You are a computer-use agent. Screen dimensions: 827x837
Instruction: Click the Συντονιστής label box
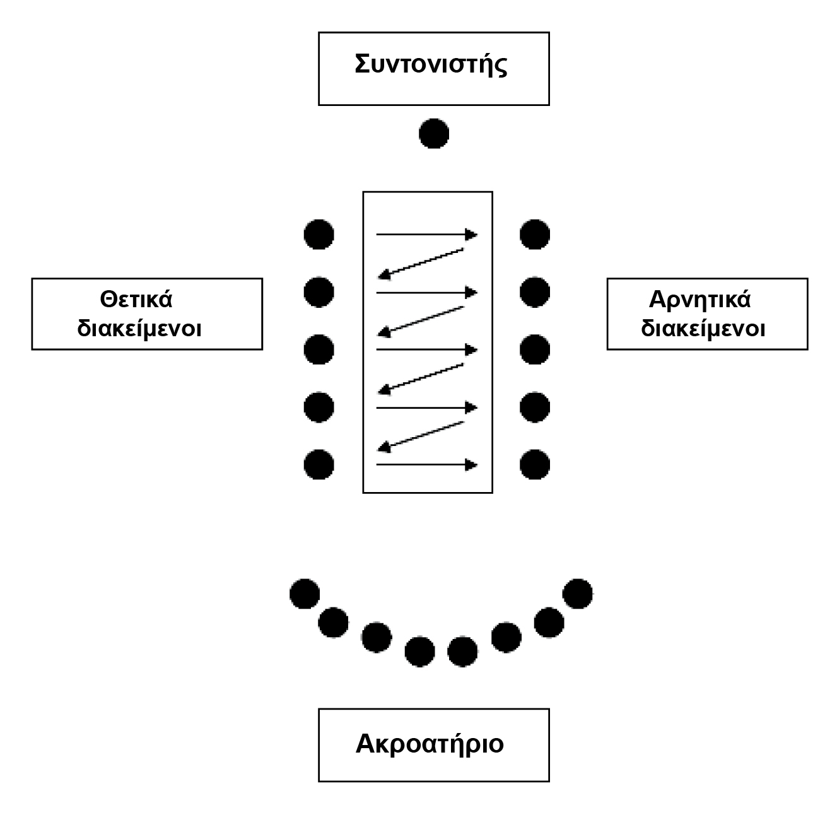pyautogui.click(x=433, y=68)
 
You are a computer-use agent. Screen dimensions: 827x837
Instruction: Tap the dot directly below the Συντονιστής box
pyautogui.click(x=434, y=134)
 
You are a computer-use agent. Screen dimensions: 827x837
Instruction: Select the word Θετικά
pyautogui.click(x=136, y=298)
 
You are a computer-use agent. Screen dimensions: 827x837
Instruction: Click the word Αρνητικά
pyautogui.click(x=699, y=298)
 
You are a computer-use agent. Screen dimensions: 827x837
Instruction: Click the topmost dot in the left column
pyautogui.click(x=319, y=235)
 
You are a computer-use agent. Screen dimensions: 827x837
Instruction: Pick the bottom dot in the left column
pyautogui.click(x=319, y=465)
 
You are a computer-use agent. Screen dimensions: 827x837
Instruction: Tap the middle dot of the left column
pyautogui.click(x=319, y=349)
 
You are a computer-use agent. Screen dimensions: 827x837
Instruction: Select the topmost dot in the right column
pyautogui.click(x=535, y=235)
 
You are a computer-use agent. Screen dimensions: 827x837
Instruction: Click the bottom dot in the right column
pyautogui.click(x=535, y=465)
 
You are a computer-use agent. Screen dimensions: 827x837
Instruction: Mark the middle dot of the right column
pyautogui.click(x=535, y=349)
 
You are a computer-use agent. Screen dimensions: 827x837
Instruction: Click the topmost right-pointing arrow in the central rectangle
pyautogui.click(x=426, y=235)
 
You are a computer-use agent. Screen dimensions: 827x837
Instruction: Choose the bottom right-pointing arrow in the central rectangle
pyautogui.click(x=426, y=465)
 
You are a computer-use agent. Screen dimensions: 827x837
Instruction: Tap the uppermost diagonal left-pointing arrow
pyautogui.click(x=421, y=263)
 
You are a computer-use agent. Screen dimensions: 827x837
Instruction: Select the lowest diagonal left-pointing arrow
pyautogui.click(x=421, y=436)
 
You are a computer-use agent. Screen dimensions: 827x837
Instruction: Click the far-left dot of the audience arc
pyautogui.click(x=305, y=594)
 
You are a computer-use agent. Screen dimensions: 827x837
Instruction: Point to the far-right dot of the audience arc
pyautogui.click(x=578, y=594)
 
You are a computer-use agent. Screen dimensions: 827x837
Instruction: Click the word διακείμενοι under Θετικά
pyautogui.click(x=139, y=329)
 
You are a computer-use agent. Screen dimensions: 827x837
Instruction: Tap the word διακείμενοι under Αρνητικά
pyautogui.click(x=703, y=329)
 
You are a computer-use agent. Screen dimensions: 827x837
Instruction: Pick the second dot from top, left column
pyautogui.click(x=319, y=292)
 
